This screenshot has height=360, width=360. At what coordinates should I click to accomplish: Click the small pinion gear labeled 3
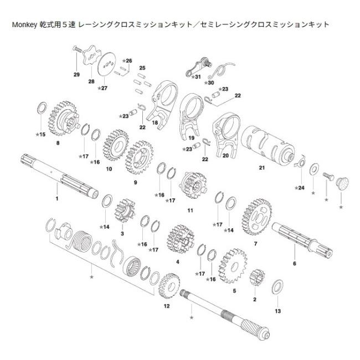122,211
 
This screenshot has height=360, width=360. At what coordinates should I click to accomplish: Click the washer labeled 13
276,288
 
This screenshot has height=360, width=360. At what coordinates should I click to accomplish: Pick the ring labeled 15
41,108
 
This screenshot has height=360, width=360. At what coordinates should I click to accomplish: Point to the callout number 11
190,210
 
